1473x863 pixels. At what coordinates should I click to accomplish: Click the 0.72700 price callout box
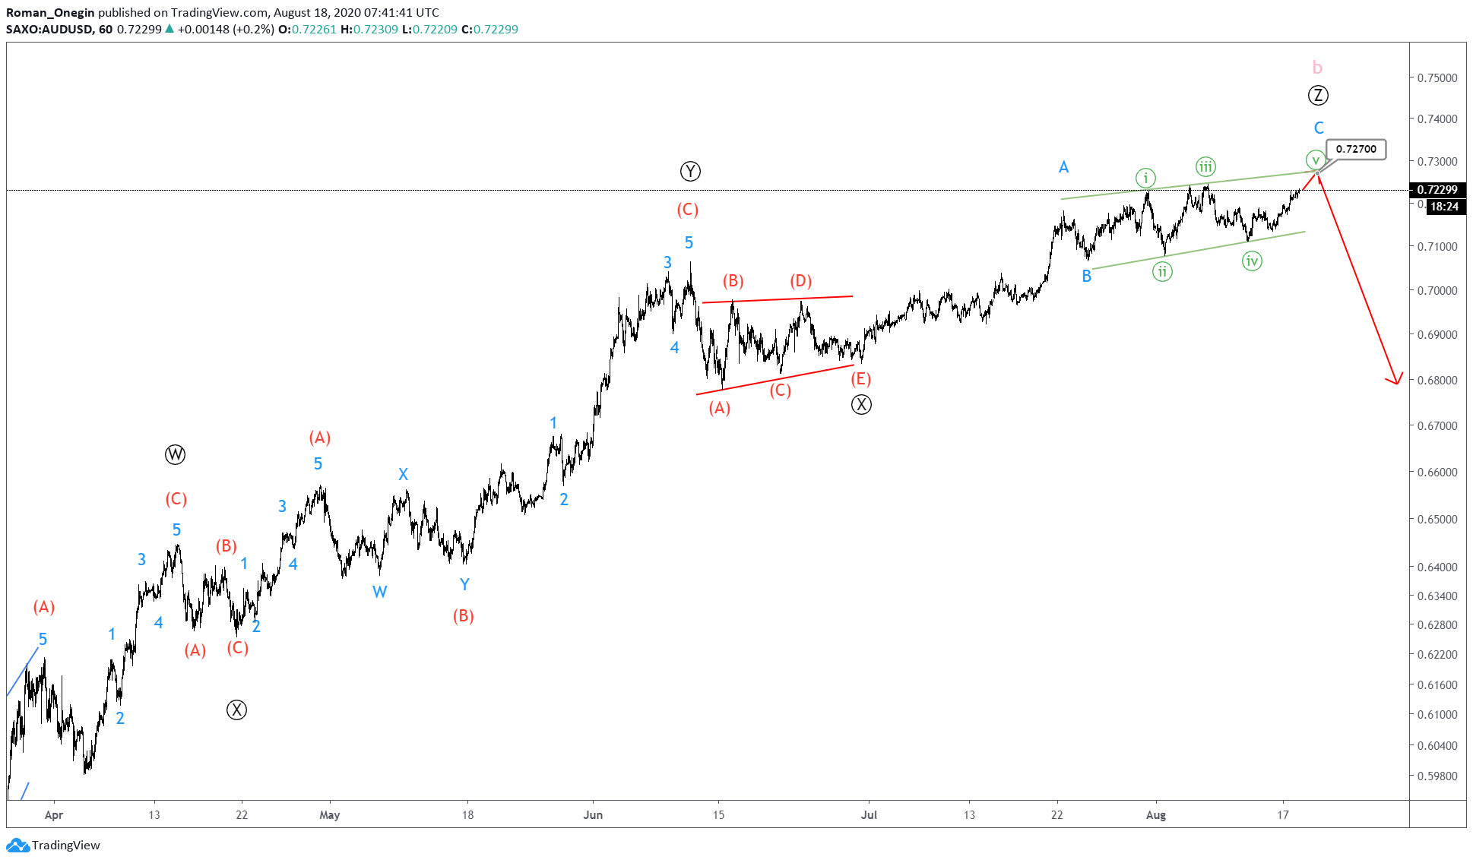[x=1356, y=150]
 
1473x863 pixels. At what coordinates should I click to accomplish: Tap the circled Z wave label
[x=1318, y=96]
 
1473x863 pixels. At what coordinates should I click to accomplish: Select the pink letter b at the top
[x=1317, y=68]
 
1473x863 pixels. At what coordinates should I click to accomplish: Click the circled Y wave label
[x=690, y=172]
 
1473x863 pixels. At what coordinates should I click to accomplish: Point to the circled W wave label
[x=175, y=455]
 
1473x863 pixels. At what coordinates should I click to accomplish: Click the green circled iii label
[x=1205, y=167]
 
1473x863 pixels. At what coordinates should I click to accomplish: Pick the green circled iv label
[x=1251, y=261]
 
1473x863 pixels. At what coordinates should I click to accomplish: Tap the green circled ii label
[x=1162, y=271]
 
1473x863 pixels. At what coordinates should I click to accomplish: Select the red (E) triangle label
[x=860, y=379]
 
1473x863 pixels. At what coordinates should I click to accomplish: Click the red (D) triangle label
[x=800, y=282]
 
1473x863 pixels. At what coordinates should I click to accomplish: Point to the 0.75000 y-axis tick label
[x=1437, y=78]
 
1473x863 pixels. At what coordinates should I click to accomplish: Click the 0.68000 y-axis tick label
[x=1437, y=381]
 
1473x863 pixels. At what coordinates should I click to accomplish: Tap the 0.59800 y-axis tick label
[x=1437, y=776]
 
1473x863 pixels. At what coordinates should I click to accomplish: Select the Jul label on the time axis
[x=869, y=815]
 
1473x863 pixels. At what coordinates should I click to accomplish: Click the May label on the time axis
[x=329, y=815]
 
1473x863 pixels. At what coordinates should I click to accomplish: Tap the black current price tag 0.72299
[x=1437, y=190]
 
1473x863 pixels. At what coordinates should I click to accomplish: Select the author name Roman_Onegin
[x=50, y=13]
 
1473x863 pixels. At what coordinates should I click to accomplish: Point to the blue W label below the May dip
[x=379, y=592]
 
